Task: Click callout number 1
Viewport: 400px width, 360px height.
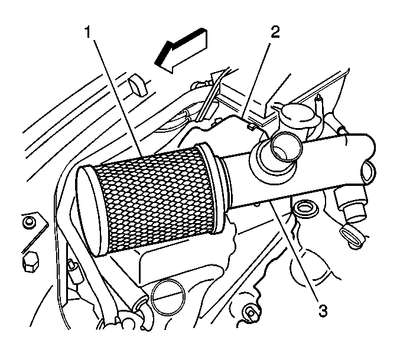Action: [88, 32]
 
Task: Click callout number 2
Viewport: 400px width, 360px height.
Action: [275, 32]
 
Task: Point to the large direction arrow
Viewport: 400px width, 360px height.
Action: [181, 50]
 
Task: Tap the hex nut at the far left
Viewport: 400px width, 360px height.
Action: [30, 261]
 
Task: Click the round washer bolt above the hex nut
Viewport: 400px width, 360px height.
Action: [28, 222]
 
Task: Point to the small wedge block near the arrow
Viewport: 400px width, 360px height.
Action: [138, 86]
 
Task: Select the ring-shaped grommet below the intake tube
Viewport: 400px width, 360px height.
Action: [305, 208]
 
